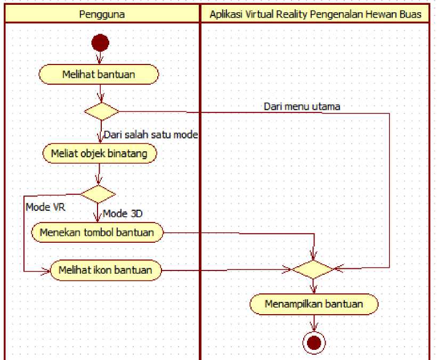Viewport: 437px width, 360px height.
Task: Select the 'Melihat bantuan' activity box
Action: point(100,75)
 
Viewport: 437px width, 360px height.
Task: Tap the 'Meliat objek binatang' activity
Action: point(99,153)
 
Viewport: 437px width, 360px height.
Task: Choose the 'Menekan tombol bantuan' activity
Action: point(97,232)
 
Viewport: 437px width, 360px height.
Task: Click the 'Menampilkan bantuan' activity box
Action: point(314,305)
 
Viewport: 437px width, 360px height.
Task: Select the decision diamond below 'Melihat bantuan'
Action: point(101,111)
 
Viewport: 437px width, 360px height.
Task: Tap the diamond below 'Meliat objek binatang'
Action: point(98,194)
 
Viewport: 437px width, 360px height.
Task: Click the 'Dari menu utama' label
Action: point(302,106)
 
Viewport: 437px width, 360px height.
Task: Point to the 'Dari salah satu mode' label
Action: point(150,135)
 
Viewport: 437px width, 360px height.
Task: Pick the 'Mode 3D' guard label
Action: point(122,214)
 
